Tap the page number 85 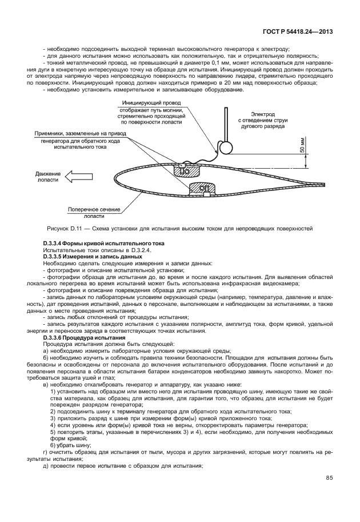[329, 478]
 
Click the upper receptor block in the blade [185, 170]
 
